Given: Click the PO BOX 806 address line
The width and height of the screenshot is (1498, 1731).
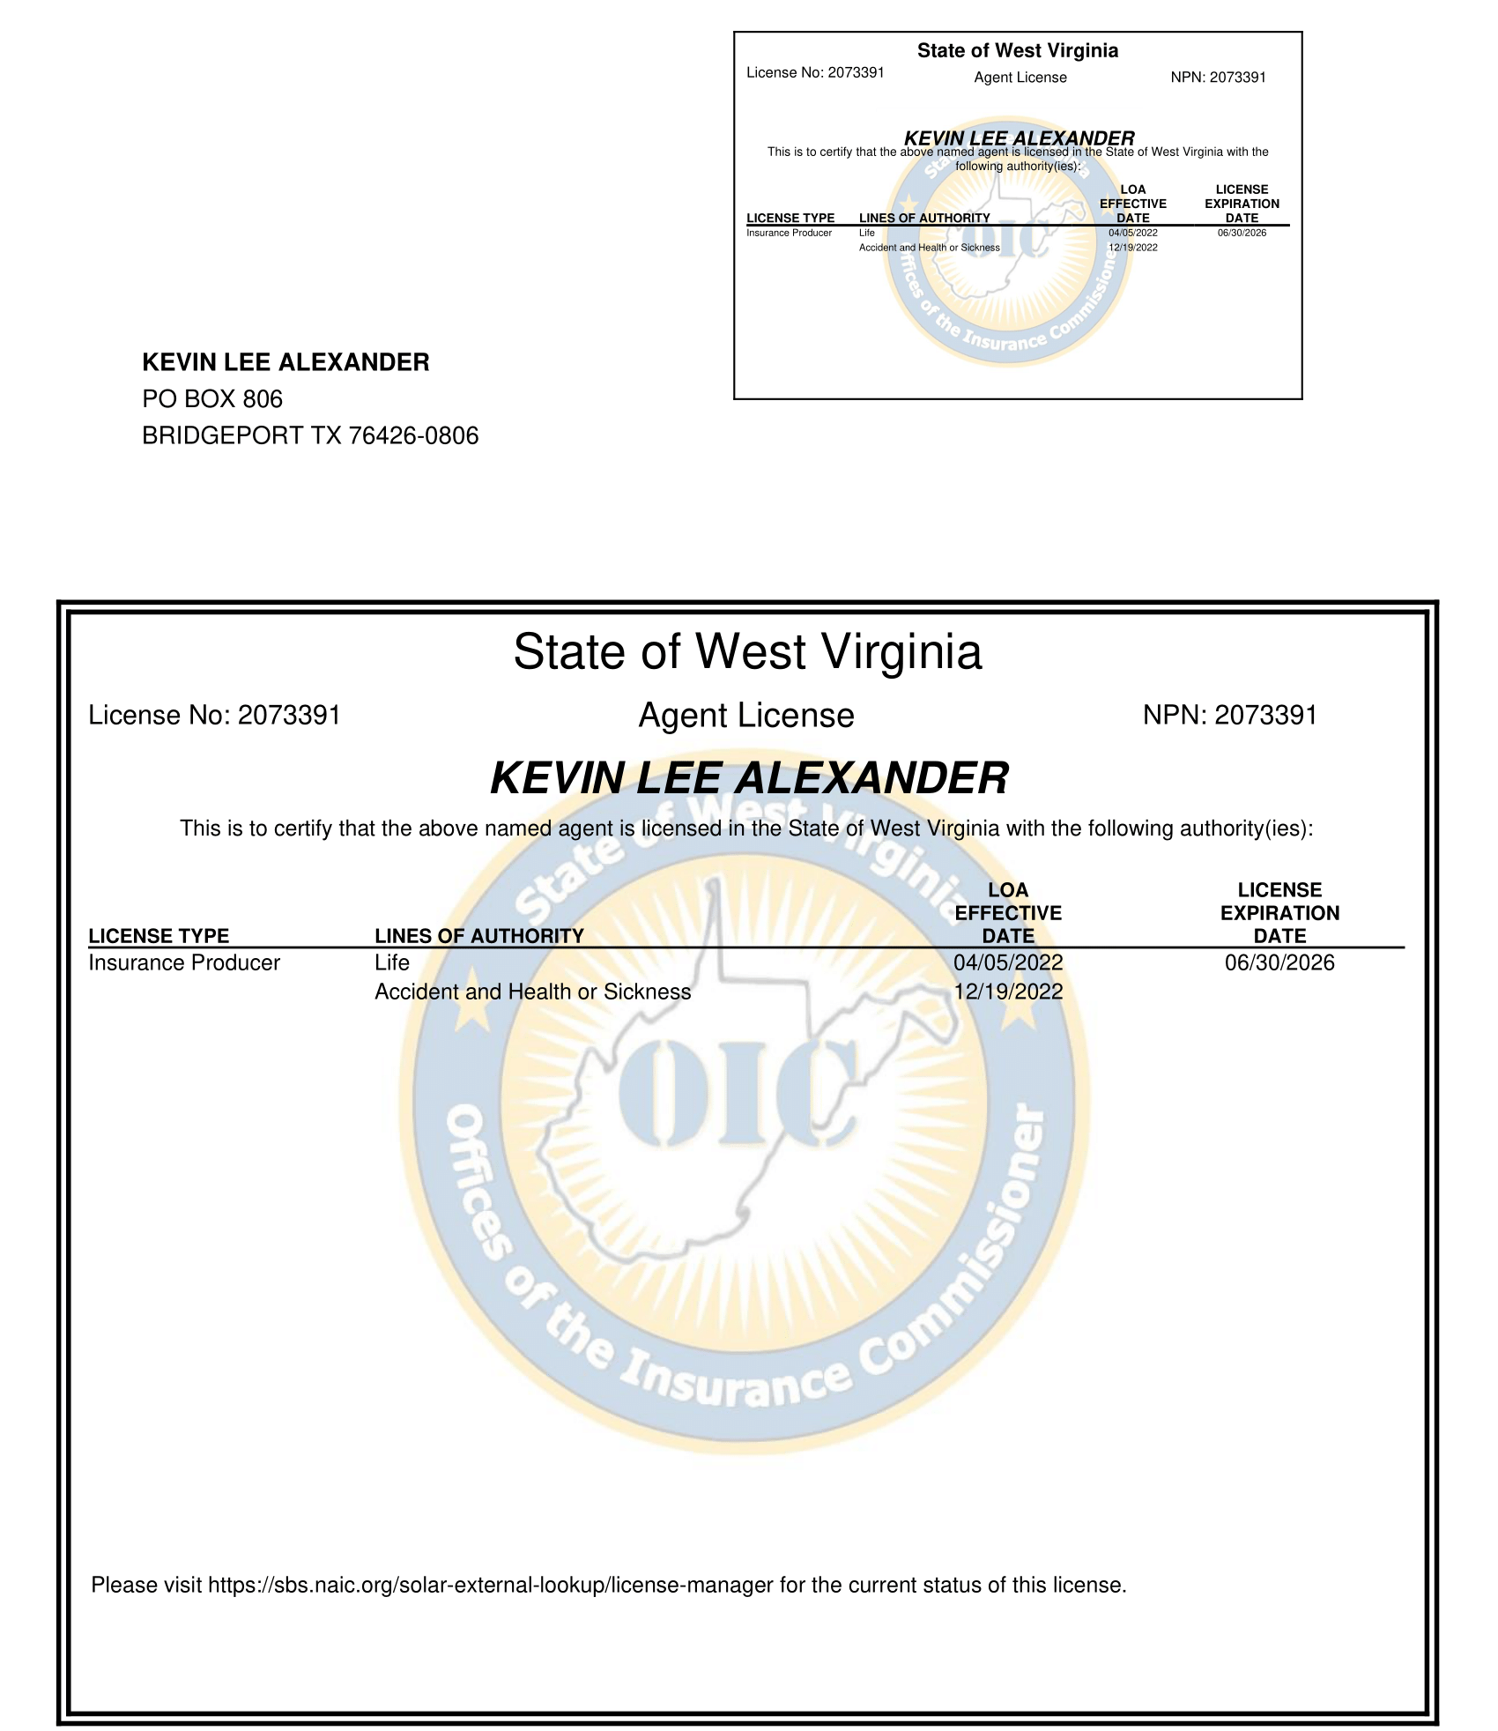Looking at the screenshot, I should click(x=212, y=399).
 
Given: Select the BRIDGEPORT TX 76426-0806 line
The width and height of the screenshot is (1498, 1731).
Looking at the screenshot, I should click(x=310, y=435).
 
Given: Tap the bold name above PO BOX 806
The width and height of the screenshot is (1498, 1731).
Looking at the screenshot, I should click(x=286, y=362).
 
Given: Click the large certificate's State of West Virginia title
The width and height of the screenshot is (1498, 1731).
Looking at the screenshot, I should click(x=747, y=652).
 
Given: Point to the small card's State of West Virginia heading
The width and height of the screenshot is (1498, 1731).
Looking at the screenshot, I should click(x=1017, y=51).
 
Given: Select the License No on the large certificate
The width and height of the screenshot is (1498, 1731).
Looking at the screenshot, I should click(x=214, y=715).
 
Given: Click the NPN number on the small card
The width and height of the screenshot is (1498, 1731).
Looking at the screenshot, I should click(x=1218, y=78).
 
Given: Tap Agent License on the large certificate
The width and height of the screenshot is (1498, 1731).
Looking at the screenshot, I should click(x=746, y=716).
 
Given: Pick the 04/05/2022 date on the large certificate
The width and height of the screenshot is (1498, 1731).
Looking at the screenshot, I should click(x=1008, y=962).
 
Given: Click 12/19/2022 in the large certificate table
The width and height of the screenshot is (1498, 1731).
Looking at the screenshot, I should click(x=1008, y=992).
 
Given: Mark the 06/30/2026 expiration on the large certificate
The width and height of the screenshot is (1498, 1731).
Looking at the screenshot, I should click(x=1279, y=962).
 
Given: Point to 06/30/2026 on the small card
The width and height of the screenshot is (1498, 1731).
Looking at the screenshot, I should click(x=1242, y=233).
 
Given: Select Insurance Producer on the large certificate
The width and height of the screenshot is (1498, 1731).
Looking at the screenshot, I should click(x=184, y=962).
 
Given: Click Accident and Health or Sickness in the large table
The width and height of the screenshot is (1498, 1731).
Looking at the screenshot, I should click(x=532, y=992).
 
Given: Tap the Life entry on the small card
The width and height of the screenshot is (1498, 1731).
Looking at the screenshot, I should click(x=867, y=233).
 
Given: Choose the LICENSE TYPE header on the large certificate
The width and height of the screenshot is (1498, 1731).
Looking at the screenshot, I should click(x=159, y=936).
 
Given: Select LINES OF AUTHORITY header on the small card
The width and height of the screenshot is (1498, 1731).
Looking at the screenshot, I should click(x=924, y=218).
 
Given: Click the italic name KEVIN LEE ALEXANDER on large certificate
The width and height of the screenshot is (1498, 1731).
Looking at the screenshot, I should click(x=749, y=778).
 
